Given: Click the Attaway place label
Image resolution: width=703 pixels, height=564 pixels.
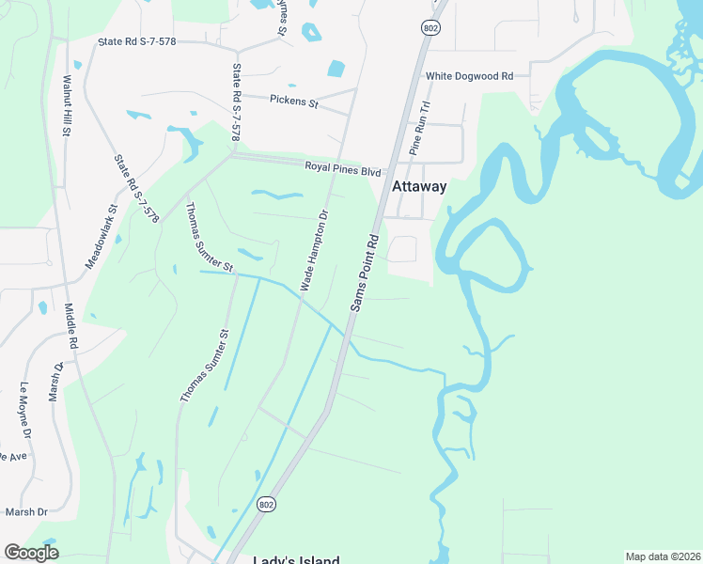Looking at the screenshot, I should click(x=418, y=186).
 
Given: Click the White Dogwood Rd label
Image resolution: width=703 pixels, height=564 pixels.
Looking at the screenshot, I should click(x=469, y=76).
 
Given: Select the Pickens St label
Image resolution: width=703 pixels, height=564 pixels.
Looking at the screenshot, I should click(x=294, y=99).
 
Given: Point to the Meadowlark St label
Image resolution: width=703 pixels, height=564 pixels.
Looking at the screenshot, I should click(x=101, y=237).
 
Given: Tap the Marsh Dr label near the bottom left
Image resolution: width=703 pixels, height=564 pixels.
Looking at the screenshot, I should click(x=26, y=511).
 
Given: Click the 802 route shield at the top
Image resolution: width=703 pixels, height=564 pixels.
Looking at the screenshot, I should click(x=430, y=28).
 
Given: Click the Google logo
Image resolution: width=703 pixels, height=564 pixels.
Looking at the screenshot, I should click(x=32, y=553).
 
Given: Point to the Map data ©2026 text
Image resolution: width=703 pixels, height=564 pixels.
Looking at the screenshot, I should click(x=663, y=556).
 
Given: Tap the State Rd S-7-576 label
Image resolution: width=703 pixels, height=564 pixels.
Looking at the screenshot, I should click(x=137, y=188).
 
